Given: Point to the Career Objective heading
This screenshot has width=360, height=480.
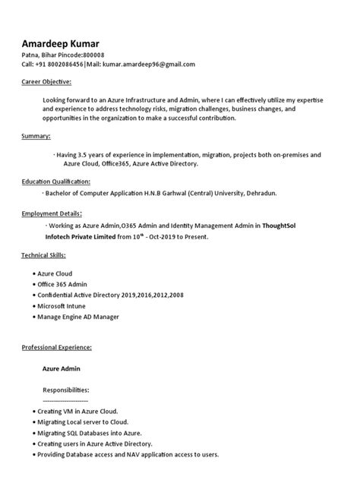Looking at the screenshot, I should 46,81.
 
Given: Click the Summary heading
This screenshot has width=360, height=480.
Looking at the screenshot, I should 36,136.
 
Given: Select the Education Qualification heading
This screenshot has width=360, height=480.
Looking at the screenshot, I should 55,182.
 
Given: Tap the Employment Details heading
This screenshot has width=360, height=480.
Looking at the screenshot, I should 52,213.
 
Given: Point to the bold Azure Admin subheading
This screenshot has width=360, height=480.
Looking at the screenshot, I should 62,368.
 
